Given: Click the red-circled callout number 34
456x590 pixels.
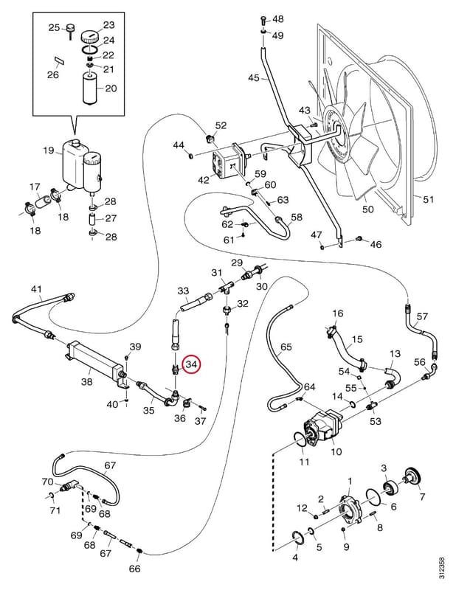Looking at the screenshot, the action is pyautogui.click(x=192, y=364).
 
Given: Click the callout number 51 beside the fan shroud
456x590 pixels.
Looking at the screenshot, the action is pyautogui.click(x=429, y=198).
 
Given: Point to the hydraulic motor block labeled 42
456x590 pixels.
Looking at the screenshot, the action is pyautogui.click(x=226, y=163).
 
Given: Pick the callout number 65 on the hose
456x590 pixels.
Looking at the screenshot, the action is pyautogui.click(x=286, y=347).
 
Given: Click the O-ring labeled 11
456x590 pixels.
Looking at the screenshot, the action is pyautogui.click(x=300, y=440).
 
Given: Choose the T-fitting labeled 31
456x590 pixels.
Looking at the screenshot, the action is pyautogui.click(x=225, y=288).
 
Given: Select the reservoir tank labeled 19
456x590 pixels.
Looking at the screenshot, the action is pyautogui.click(x=75, y=164).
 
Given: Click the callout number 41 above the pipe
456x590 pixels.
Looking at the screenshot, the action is pyautogui.click(x=36, y=289).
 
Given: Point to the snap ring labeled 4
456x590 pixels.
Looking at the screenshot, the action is pyautogui.click(x=299, y=539).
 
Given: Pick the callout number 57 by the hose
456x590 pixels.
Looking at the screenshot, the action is pyautogui.click(x=422, y=316).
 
